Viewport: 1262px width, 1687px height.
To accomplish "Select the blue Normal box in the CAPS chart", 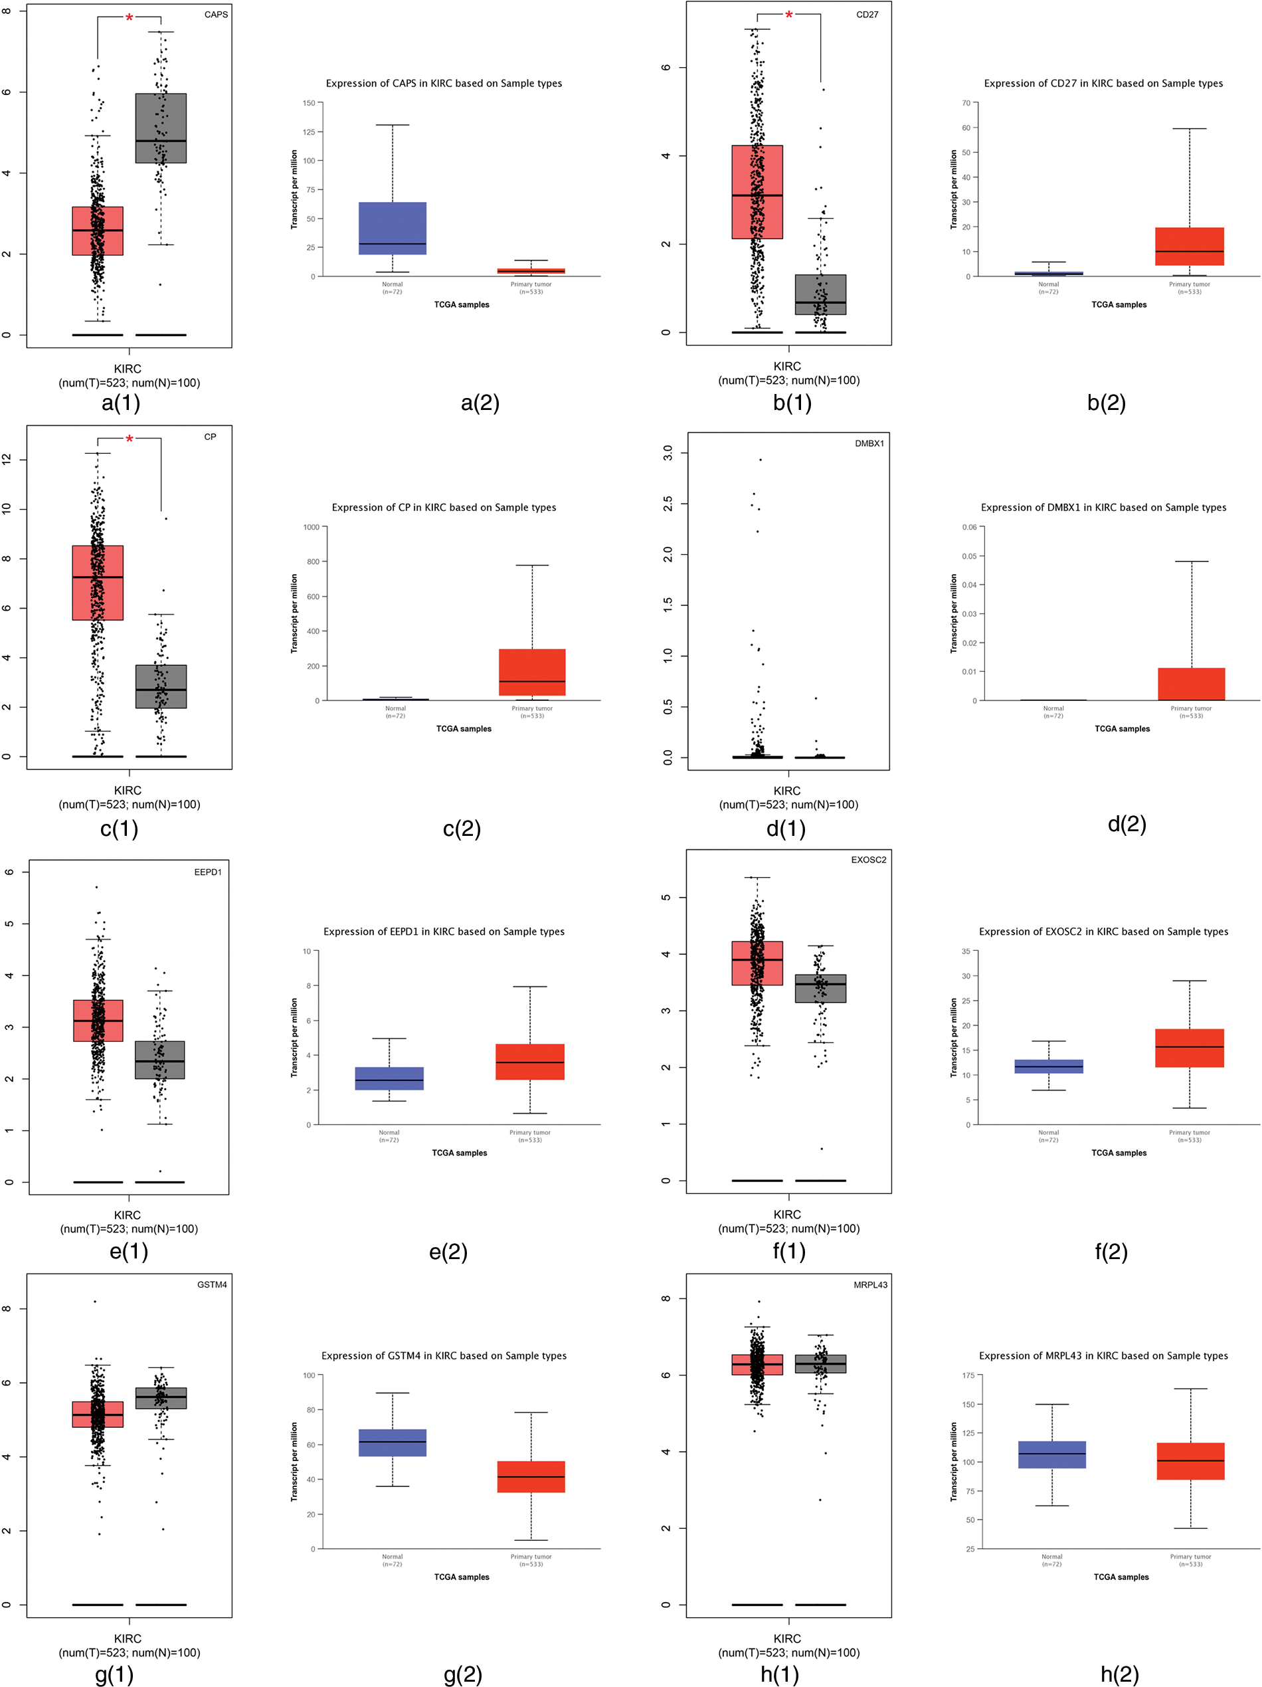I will click(392, 228).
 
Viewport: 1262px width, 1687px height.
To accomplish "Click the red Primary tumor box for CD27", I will click(1189, 247).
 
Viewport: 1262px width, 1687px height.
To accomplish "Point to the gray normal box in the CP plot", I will click(161, 686).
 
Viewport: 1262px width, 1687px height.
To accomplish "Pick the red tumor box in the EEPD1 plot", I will click(98, 1021).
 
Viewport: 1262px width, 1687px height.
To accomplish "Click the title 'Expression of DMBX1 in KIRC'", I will click(1103, 507).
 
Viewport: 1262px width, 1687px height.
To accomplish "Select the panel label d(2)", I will click(1127, 824).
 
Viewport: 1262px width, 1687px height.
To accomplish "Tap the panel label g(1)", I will click(114, 1674).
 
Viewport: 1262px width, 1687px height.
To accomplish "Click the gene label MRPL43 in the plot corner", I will click(870, 1285).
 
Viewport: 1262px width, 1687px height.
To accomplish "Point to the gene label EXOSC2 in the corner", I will click(869, 860).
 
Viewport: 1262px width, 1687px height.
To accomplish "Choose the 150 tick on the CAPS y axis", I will click(309, 103).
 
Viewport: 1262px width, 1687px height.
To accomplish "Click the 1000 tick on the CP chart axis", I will click(311, 527).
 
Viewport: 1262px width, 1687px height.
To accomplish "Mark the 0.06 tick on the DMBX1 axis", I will click(968, 527).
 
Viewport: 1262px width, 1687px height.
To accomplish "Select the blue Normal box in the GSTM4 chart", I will click(392, 1443).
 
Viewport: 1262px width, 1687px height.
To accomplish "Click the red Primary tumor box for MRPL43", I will click(1190, 1461).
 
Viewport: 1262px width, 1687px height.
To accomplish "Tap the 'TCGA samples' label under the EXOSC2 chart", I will click(1119, 1153).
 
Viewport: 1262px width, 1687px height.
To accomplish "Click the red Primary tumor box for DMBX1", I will click(1191, 684).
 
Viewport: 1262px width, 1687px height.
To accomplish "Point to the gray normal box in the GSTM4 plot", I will click(161, 1398).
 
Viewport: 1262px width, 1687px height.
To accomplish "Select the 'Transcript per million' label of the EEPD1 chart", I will click(294, 1037).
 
